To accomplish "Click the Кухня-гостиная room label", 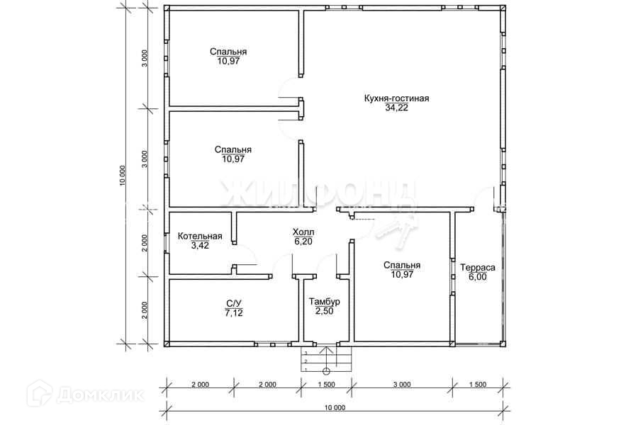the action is point(397,98).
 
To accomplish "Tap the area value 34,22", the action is point(397,108).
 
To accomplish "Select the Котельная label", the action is point(200,237).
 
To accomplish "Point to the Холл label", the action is point(303,232).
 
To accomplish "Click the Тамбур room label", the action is point(324,302).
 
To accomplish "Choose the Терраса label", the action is point(478,268).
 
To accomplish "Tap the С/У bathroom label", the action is point(234,303).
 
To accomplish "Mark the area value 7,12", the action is point(234,313).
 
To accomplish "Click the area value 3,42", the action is point(200,245).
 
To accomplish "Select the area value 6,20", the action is point(303,242).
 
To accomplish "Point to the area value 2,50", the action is point(324,311).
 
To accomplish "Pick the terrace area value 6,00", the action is point(478,277).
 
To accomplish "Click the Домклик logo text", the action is point(100,395).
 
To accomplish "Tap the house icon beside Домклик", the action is point(40,393).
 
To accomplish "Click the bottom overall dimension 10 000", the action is point(336,408).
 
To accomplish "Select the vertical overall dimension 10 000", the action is point(123,176).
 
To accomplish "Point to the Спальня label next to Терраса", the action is point(402,265).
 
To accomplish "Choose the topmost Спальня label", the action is point(228,52).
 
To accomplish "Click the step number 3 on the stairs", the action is point(306,353).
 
